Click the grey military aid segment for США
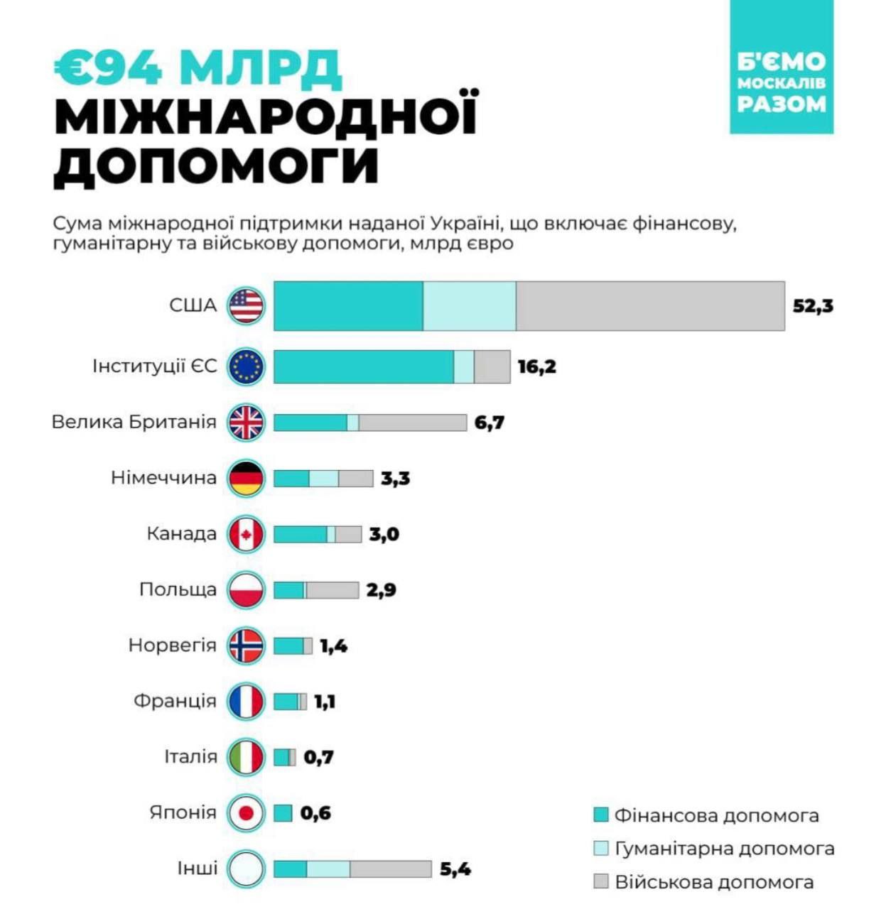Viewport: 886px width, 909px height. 650,306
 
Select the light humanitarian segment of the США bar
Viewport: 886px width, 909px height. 470,306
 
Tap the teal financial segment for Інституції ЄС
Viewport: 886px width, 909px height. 363,367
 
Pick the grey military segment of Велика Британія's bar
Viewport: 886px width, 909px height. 413,423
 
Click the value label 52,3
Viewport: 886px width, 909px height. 813,306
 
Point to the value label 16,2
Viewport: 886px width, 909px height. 536,367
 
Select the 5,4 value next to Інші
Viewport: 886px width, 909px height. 455,869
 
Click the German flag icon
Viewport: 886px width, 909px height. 246,478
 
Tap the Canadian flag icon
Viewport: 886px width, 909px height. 246,534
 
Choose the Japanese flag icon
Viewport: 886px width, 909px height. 246,813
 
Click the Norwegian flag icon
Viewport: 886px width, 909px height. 246,646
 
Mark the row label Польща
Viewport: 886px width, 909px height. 178,589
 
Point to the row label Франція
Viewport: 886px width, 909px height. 175,701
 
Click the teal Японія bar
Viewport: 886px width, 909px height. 283,813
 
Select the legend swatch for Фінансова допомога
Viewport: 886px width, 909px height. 601,815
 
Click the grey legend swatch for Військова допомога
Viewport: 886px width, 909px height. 601,882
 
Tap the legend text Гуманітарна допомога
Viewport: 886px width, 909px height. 724,849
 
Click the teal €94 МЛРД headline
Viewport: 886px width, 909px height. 198,67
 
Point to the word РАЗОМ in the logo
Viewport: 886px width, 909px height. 782,104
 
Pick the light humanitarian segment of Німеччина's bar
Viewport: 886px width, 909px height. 324,479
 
